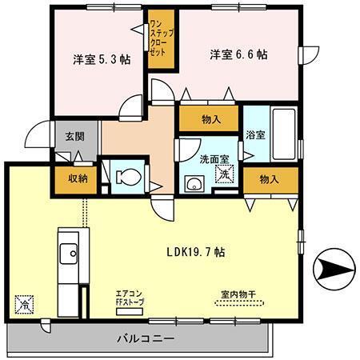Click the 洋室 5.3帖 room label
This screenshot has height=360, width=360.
point(98,58)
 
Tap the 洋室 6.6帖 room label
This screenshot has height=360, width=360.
point(238,55)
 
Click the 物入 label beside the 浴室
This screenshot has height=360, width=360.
point(270,179)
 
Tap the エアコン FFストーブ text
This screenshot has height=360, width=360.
point(129,298)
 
